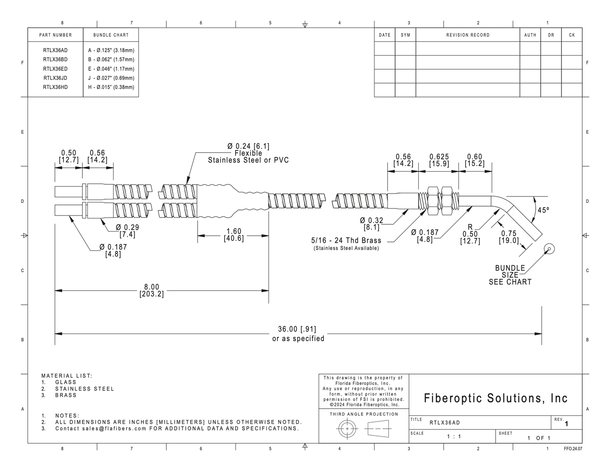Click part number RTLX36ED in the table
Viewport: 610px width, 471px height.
pos(55,69)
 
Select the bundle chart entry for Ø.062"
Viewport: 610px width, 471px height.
pos(111,59)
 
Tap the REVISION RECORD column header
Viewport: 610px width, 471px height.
pos(468,35)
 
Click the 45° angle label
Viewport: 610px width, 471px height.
pos(543,210)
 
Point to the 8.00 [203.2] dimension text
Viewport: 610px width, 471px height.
pos(152,291)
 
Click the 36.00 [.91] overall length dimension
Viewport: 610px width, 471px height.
pos(297,329)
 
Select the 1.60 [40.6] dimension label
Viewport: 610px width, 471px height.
pos(234,235)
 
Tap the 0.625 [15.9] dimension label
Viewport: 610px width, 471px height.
pos(439,160)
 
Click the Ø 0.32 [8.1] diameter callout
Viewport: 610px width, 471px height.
pos(371,224)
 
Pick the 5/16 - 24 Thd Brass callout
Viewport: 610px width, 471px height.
pos(346,240)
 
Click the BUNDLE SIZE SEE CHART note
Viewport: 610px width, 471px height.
pos(510,275)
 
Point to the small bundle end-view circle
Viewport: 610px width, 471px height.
pos(549,249)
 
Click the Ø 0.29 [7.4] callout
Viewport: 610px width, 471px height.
pos(127,231)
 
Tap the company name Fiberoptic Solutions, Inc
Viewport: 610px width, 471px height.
pos(496,398)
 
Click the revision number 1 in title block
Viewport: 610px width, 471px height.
pos(566,424)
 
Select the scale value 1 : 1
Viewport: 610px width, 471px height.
pos(454,436)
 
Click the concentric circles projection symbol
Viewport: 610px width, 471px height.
pos(347,429)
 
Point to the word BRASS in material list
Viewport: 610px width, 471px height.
pos(66,395)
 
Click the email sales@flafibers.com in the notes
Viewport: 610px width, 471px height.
pos(114,428)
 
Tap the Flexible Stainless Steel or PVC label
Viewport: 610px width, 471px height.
pos(248,157)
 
